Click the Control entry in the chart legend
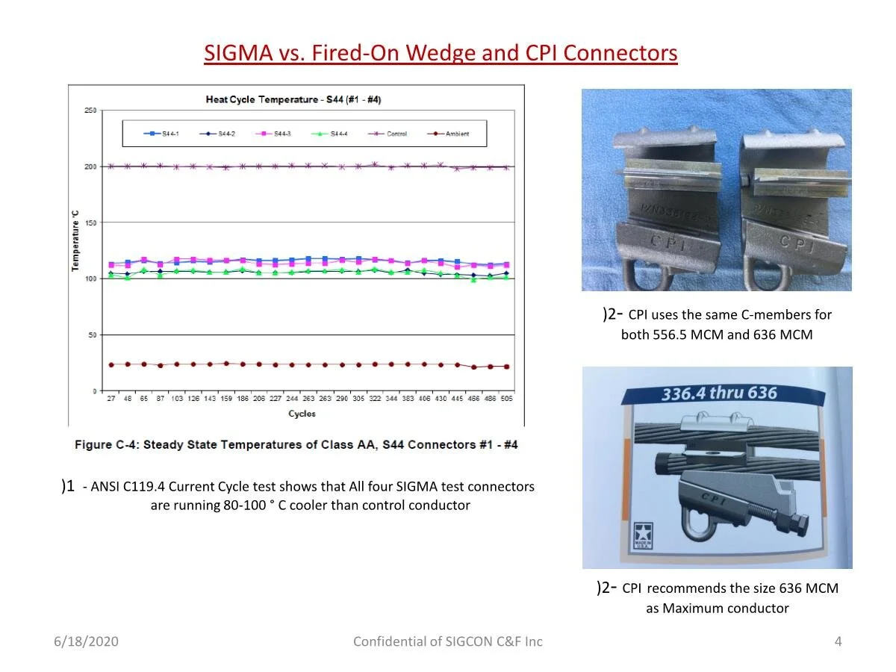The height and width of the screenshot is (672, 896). coord(391,134)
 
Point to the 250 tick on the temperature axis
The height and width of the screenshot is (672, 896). coord(90,111)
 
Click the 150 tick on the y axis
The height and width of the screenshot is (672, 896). coord(90,223)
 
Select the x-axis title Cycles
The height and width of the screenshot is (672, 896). coord(302,414)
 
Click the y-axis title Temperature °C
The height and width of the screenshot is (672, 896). coord(76,240)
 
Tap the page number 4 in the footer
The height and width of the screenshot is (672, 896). coord(838,641)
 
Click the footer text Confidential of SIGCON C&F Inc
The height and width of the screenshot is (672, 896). coord(448,641)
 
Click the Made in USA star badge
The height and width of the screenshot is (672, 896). coord(642,535)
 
